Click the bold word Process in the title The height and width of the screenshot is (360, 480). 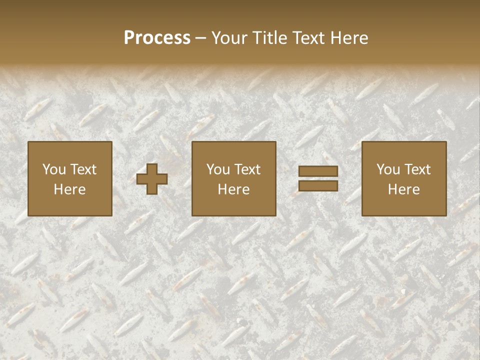157,38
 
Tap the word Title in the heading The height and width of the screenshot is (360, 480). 269,38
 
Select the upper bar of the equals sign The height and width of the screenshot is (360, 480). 318,171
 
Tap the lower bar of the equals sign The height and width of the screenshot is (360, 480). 318,186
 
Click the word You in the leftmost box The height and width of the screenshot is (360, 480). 53,169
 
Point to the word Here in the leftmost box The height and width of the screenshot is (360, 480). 70,189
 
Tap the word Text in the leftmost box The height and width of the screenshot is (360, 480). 83,169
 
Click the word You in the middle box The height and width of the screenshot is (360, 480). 218,169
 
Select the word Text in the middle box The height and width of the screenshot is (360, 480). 247,169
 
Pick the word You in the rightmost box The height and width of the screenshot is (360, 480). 388,169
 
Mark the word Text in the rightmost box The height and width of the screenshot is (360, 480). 417,169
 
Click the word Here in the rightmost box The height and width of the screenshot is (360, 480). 404,189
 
